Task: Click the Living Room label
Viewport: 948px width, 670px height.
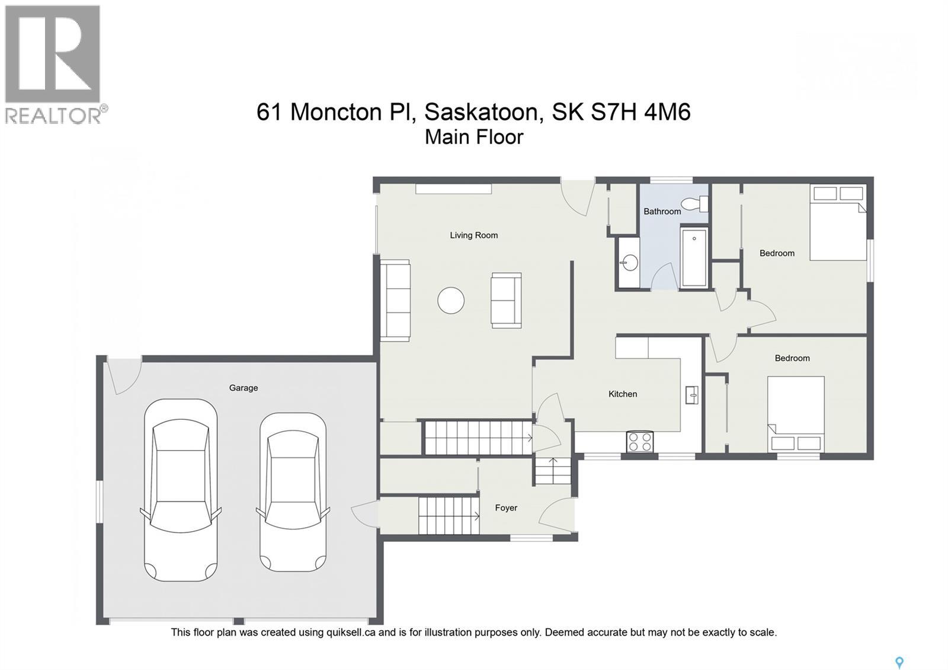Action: click(473, 235)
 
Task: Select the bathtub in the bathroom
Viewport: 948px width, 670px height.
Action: click(694, 257)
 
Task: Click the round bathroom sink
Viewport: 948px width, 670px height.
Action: click(630, 262)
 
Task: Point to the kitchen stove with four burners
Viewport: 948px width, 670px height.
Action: click(640, 442)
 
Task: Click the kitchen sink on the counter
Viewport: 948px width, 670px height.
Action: click(691, 394)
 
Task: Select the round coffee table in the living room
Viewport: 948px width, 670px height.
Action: click(451, 301)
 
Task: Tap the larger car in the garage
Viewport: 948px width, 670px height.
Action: click(181, 490)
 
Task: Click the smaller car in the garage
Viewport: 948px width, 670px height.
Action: click(293, 492)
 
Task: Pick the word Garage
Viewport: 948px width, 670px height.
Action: click(244, 388)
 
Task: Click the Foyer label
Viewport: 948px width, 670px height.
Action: click(506, 508)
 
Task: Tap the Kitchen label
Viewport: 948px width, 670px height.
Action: click(623, 394)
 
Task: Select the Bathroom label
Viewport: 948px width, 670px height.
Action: click(662, 212)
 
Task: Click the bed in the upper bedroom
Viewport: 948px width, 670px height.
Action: click(838, 223)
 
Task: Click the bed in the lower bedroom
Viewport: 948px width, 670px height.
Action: click(796, 414)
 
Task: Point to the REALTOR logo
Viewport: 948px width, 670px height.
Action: click(55, 63)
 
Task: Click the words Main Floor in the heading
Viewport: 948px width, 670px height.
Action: click(474, 137)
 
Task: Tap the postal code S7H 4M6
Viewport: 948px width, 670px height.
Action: click(641, 112)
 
